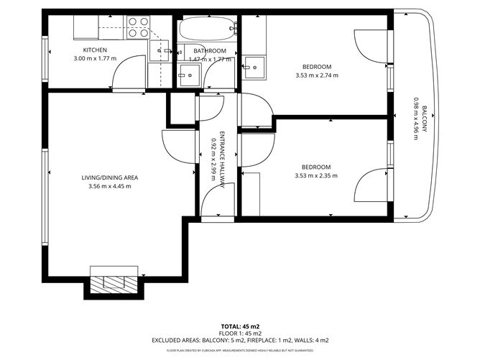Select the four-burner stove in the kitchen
point(138,27)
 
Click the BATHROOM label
point(210,51)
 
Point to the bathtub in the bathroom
point(208,30)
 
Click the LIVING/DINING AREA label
point(109,177)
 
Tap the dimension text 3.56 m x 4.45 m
point(109,186)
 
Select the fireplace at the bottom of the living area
point(114,282)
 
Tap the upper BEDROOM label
point(316,67)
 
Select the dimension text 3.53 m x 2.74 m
point(316,75)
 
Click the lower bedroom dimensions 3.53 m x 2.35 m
point(316,175)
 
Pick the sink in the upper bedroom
point(252,69)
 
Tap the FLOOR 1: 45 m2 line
point(239,333)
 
